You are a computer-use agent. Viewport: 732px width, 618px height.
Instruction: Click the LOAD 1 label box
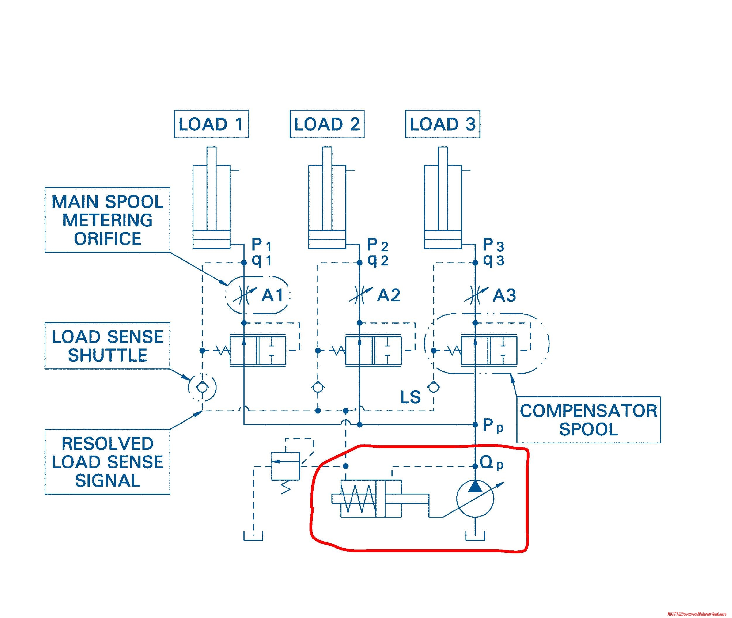click(211, 124)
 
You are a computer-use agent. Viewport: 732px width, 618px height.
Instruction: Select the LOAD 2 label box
click(327, 124)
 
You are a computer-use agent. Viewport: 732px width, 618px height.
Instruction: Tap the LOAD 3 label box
click(442, 124)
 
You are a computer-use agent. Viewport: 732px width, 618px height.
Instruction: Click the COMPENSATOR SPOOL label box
click(588, 420)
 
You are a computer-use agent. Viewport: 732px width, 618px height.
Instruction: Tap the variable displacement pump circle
click(475, 499)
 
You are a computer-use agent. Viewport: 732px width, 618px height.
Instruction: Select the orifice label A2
click(389, 295)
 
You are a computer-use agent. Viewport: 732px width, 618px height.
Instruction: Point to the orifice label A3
click(504, 295)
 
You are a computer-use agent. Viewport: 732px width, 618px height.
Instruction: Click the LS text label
click(410, 397)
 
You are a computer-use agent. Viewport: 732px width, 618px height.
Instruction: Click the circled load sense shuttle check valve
click(202, 387)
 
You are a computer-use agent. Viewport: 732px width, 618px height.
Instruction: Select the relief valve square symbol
click(286, 466)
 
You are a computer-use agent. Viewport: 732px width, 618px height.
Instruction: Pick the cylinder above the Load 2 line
click(327, 207)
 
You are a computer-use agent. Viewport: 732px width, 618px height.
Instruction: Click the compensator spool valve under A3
click(489, 351)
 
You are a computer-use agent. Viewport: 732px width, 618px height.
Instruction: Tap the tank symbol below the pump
click(475, 536)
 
